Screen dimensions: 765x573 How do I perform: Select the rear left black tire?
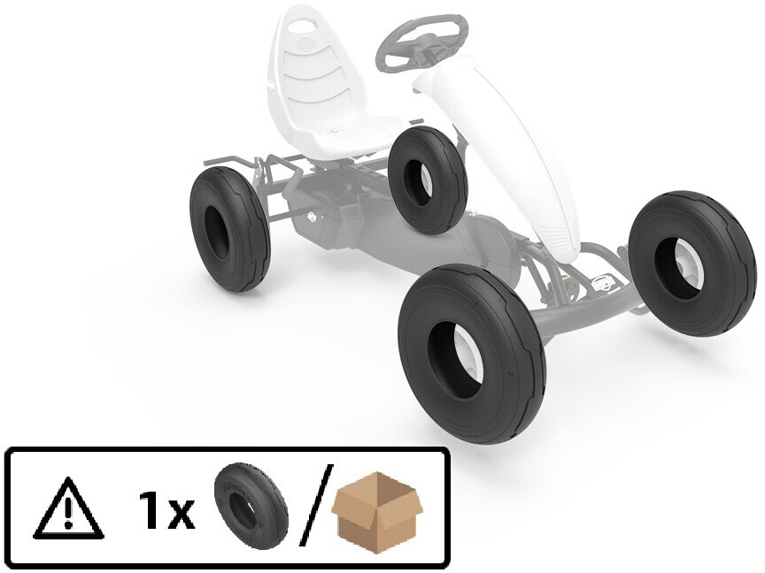coord(229,228)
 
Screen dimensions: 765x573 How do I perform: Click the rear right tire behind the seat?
coord(428,180)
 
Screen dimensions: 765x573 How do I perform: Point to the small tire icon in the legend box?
coord(251,507)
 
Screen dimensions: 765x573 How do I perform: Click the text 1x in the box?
coord(166,509)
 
